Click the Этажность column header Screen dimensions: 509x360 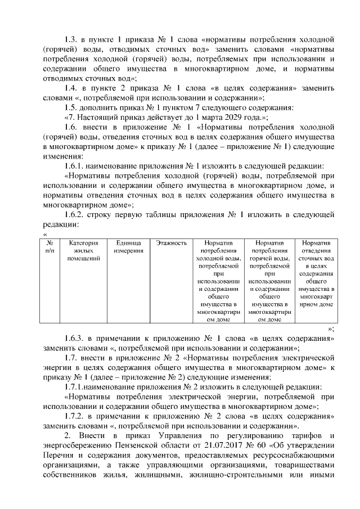coord(171,244)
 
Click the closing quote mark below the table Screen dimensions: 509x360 coord(330,328)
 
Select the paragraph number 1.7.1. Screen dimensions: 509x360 coord(77,387)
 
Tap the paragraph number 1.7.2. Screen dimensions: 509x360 coord(76,416)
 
